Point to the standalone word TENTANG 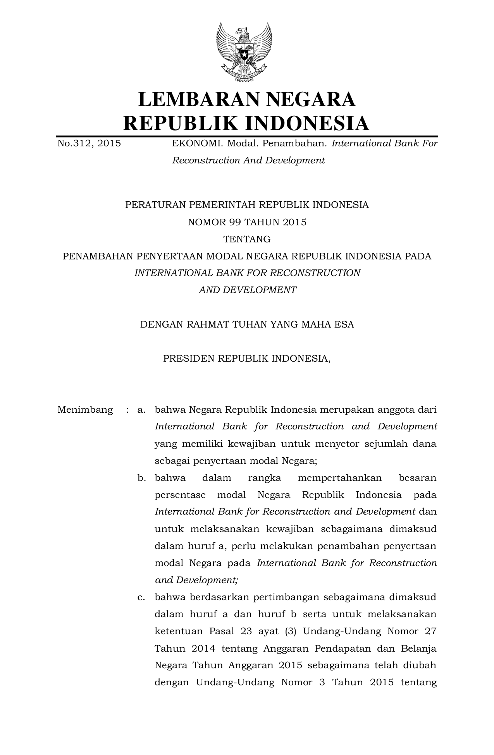point(247,239)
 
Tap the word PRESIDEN point(189,359)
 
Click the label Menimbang point(85,410)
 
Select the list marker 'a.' point(141,410)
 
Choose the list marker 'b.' point(141,478)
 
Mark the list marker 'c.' point(141,597)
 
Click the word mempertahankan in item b point(339,478)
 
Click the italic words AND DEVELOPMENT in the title point(247,290)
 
